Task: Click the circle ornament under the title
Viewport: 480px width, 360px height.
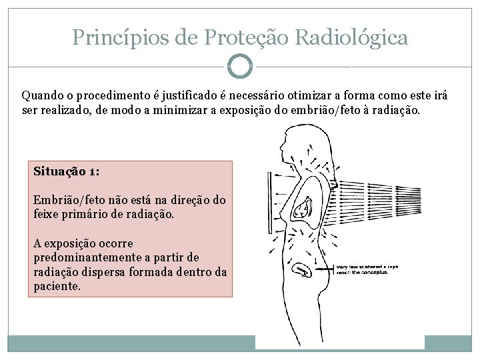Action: pyautogui.click(x=240, y=66)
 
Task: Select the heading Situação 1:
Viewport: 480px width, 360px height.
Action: pyautogui.click(x=67, y=171)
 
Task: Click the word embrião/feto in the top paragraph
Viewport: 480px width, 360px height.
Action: pyautogui.click(x=322, y=110)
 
